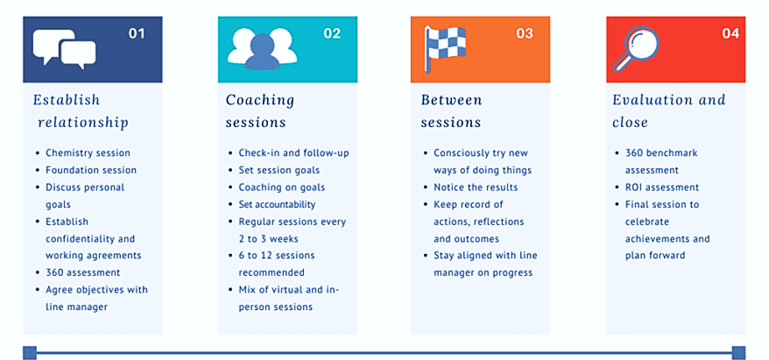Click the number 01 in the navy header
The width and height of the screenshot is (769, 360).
click(137, 33)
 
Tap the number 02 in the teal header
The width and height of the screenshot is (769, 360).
click(332, 33)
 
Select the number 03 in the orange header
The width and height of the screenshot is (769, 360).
click(525, 33)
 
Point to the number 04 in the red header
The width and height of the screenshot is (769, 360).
click(730, 33)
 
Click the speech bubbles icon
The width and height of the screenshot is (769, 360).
click(64, 48)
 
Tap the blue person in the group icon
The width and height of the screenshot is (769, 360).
click(263, 53)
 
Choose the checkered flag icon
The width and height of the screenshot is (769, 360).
click(444, 48)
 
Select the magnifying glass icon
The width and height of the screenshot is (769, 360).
click(637, 49)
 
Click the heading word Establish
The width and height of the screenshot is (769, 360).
click(67, 100)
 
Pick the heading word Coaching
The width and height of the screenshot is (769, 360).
click(260, 101)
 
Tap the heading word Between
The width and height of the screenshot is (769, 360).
click(452, 100)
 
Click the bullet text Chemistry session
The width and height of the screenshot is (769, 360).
click(88, 153)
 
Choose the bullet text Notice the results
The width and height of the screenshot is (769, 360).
click(476, 187)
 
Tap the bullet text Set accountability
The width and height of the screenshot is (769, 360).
click(277, 204)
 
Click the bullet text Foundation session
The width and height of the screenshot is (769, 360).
click(91, 170)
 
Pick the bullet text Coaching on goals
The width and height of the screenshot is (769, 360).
click(282, 187)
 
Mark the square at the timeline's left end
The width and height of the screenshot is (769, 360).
click(30, 353)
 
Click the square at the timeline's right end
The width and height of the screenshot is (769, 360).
click(738, 353)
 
